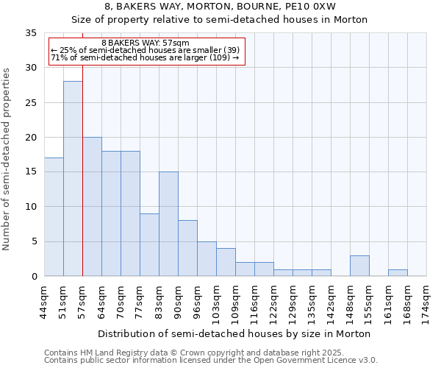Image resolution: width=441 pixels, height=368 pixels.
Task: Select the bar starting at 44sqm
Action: tap(54, 217)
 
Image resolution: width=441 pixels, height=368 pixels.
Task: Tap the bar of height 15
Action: tap(168, 224)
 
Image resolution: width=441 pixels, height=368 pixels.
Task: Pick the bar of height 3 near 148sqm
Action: tap(359, 266)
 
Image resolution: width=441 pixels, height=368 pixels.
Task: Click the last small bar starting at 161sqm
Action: tap(398, 272)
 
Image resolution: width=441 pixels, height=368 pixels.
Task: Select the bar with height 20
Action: tap(92, 207)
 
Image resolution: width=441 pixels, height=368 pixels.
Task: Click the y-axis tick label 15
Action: tap(31, 172)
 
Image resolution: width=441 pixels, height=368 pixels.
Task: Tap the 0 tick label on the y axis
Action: tap(34, 277)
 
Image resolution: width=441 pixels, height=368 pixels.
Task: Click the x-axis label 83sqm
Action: tap(159, 300)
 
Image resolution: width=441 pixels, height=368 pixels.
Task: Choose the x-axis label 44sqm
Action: tap(44, 300)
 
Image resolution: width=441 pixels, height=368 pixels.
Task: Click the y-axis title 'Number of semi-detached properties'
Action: tap(7, 159)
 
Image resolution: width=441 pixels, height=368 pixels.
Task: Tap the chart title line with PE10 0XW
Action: tap(220, 7)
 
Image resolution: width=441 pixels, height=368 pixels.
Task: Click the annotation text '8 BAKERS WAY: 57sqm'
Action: tap(146, 43)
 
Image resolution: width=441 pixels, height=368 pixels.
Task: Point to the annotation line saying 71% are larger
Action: tap(145, 57)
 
